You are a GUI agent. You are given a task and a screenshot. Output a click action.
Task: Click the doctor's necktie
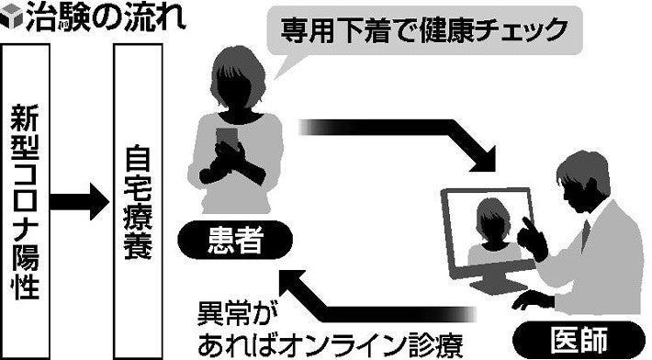[585, 236]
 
